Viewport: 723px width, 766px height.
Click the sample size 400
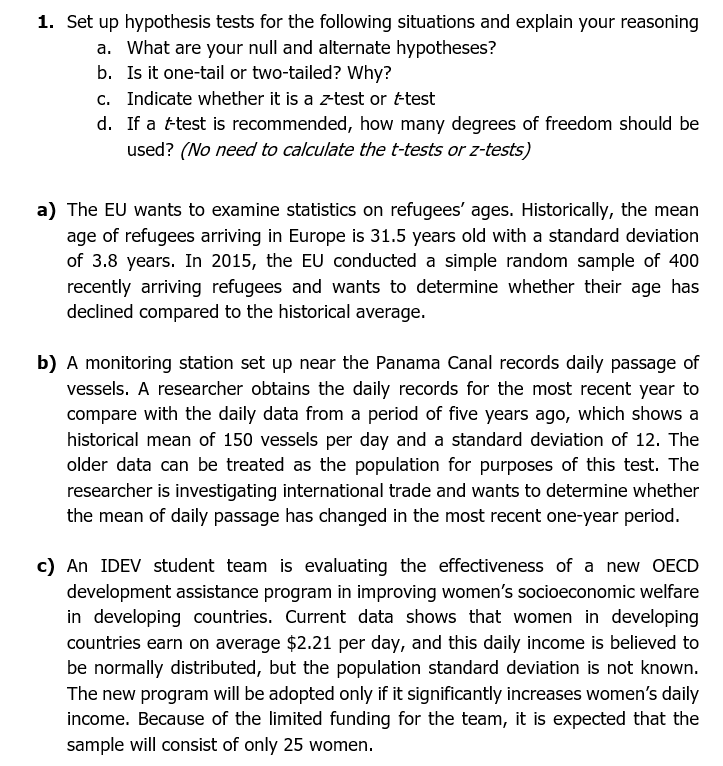[683, 261]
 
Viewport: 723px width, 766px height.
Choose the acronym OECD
[672, 566]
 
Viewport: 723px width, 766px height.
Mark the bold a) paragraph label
[47, 210]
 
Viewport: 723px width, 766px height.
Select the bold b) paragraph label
[47, 362]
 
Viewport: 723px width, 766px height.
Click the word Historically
[560, 210]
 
